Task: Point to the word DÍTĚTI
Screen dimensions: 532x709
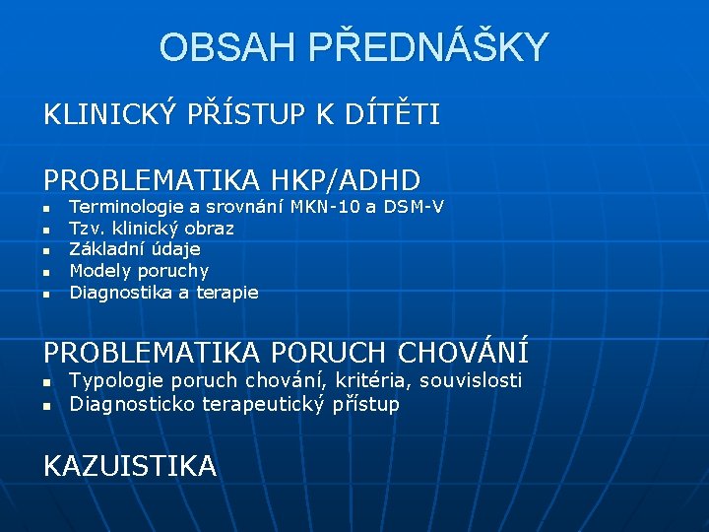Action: coord(393,115)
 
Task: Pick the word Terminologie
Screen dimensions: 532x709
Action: coord(127,207)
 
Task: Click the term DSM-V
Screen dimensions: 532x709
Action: coord(414,207)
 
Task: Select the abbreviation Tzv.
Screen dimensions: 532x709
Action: coord(86,229)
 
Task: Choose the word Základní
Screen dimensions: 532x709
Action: coord(103,249)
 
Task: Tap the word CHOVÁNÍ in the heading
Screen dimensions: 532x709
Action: coord(463,351)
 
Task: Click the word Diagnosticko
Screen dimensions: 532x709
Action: coord(133,404)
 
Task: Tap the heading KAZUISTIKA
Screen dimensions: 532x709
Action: coord(130,465)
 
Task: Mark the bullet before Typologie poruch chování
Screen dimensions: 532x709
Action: coord(46,382)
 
